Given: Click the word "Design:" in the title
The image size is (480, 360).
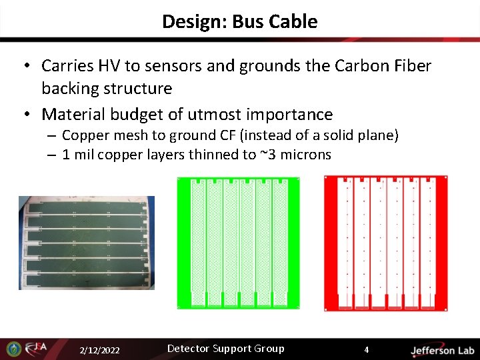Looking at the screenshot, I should click(x=195, y=21).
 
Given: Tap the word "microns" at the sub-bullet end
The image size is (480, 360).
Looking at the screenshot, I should click(x=305, y=155).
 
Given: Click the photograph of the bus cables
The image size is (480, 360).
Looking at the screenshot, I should click(x=86, y=243).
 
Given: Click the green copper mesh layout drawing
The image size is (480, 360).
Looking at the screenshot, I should click(x=238, y=243).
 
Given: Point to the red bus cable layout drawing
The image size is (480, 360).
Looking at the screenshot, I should click(x=385, y=243).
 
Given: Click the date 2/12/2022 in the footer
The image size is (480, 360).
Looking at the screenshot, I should click(x=99, y=350).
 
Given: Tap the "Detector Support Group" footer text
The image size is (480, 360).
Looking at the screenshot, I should click(x=225, y=349).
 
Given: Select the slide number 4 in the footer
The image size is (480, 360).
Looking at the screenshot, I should click(x=365, y=349).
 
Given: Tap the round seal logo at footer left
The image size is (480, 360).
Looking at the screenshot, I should click(x=13, y=349).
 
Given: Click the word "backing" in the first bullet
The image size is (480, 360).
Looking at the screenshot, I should click(x=71, y=88).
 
